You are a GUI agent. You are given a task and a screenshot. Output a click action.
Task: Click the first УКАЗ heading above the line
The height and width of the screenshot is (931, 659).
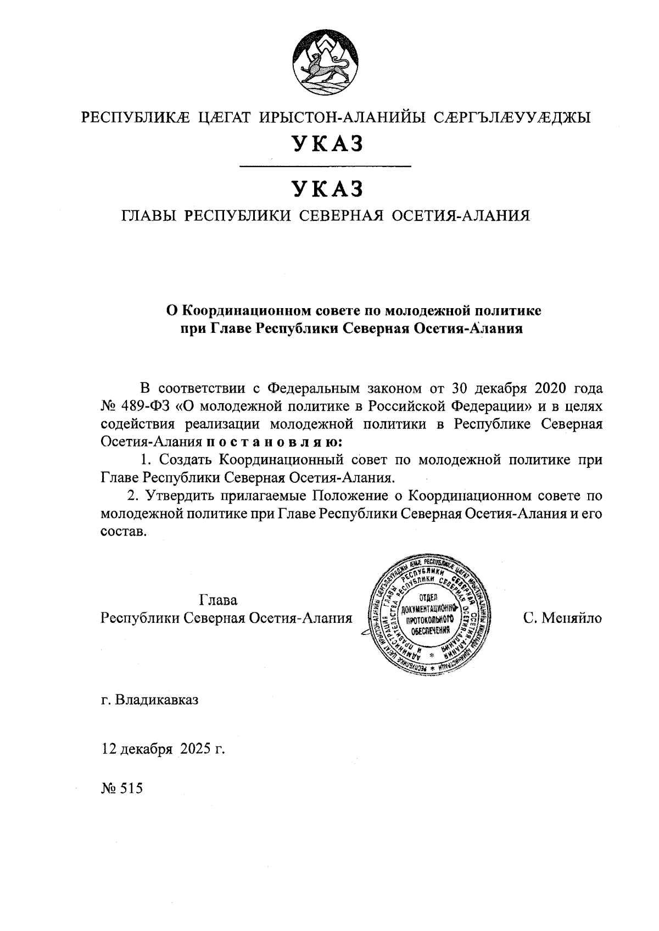pyautogui.click(x=328, y=144)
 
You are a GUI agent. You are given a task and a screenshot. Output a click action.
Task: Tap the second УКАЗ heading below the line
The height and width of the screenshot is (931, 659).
pyautogui.click(x=328, y=188)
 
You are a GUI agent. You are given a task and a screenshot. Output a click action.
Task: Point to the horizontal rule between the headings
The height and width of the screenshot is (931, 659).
pyautogui.click(x=326, y=166)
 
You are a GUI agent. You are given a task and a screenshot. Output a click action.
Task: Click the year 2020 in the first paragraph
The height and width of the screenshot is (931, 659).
pyautogui.click(x=551, y=388)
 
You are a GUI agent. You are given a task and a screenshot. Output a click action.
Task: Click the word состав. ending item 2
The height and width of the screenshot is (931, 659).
pyautogui.click(x=125, y=532)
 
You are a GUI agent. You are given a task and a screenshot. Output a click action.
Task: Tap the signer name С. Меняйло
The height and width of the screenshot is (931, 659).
pyautogui.click(x=562, y=618)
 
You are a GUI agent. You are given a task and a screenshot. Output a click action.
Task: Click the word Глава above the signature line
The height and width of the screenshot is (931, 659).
pyautogui.click(x=219, y=599)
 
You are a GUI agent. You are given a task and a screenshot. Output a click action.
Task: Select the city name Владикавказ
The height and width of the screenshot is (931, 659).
pyautogui.click(x=157, y=701)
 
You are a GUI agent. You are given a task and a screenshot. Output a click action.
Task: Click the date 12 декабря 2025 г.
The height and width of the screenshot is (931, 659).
pyautogui.click(x=164, y=749)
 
